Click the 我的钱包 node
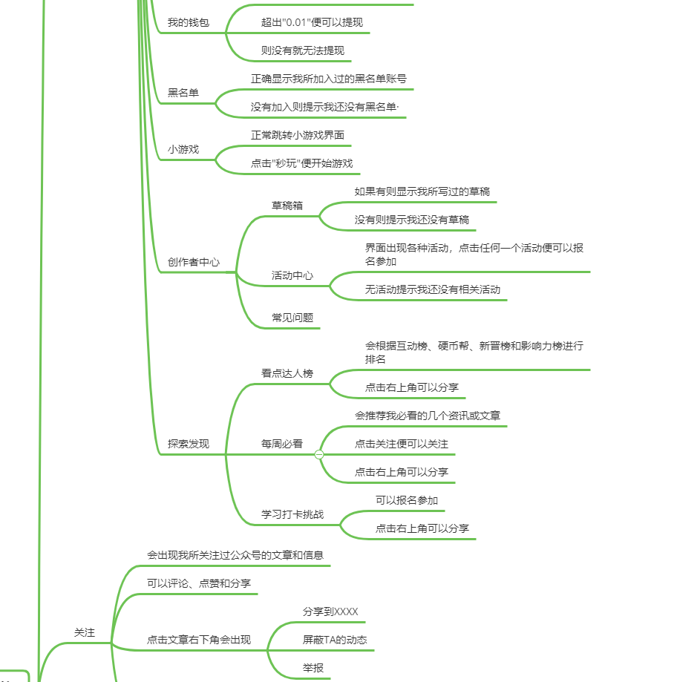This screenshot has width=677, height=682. (x=188, y=22)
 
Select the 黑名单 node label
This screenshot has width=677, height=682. (x=183, y=93)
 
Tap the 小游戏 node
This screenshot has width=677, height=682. (x=183, y=149)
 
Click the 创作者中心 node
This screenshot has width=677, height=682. (x=193, y=262)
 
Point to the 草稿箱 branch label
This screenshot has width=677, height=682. (x=287, y=206)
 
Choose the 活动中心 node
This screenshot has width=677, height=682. (x=292, y=275)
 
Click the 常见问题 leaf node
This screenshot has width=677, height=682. (x=292, y=318)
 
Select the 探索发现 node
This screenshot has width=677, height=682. (x=188, y=444)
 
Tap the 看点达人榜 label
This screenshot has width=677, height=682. (x=287, y=373)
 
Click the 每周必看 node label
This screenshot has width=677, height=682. (x=281, y=444)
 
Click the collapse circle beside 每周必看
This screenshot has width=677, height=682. (x=319, y=454)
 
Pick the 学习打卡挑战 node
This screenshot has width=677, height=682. (x=292, y=514)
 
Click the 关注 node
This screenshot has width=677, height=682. (x=85, y=632)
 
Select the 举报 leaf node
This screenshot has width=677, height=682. (x=313, y=668)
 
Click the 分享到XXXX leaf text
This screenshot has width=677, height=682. (x=330, y=611)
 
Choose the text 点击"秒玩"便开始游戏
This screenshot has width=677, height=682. (x=301, y=163)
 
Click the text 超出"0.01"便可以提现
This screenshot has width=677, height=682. (x=312, y=22)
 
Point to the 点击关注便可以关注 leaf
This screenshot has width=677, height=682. (x=401, y=444)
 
